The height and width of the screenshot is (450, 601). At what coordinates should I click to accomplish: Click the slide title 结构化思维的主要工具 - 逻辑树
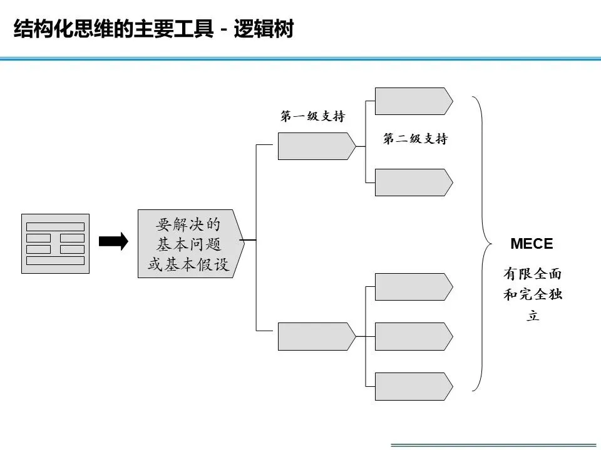click(x=153, y=29)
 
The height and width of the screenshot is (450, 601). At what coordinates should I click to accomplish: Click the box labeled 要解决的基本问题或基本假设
click(x=188, y=244)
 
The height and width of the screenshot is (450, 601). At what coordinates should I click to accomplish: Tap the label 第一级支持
click(x=312, y=117)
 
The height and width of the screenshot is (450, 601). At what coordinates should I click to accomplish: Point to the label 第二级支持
click(x=415, y=139)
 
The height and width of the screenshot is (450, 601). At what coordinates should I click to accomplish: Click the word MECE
click(x=532, y=244)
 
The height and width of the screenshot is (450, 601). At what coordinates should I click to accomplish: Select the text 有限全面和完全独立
click(x=533, y=294)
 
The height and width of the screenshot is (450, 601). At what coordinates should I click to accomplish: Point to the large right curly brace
click(x=483, y=244)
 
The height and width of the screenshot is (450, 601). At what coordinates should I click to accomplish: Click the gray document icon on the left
click(x=55, y=244)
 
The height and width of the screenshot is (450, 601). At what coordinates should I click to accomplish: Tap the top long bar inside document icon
click(x=55, y=226)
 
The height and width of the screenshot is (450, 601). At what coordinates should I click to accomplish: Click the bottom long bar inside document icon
click(x=55, y=260)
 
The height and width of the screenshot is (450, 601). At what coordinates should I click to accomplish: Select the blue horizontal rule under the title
click(x=300, y=59)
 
